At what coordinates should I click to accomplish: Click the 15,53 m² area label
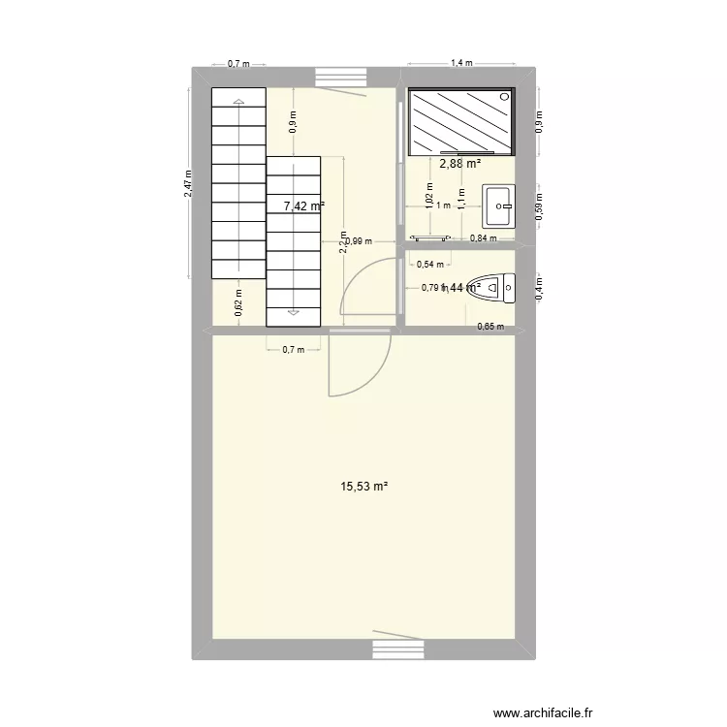(x=364, y=486)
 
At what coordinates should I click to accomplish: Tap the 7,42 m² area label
(x=303, y=205)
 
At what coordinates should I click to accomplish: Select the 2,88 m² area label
(x=460, y=164)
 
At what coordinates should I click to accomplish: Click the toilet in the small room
(x=495, y=286)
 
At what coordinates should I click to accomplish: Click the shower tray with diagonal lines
(x=460, y=121)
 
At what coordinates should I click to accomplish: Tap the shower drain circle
(x=505, y=96)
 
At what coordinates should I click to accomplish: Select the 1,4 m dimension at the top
(x=461, y=64)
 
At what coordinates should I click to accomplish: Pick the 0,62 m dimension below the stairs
(x=238, y=304)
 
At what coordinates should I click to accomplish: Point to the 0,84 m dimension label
(x=483, y=238)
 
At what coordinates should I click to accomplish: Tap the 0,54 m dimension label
(x=429, y=263)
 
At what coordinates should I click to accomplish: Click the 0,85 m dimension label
(x=490, y=327)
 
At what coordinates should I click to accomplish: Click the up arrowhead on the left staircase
(x=238, y=101)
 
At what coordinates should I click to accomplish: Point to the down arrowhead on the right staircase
(x=293, y=312)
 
